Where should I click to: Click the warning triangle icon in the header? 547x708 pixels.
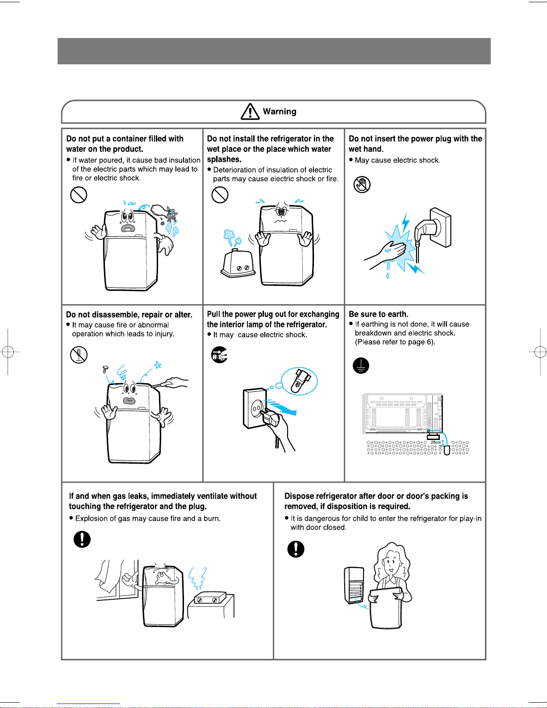[x=250, y=112]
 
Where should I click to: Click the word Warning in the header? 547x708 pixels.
[x=280, y=111]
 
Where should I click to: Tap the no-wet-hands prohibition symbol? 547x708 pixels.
[x=362, y=184]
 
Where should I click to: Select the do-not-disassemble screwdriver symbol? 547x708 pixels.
[x=79, y=355]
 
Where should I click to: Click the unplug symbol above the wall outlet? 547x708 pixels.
[x=219, y=355]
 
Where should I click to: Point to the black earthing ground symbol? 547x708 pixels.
[x=361, y=365]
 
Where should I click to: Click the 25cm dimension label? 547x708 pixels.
[x=436, y=442]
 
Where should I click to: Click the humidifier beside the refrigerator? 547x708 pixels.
[x=238, y=263]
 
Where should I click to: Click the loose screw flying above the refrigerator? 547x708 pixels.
[x=105, y=369]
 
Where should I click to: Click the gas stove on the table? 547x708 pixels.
[x=210, y=598]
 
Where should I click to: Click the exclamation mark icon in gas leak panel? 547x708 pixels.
[x=82, y=539]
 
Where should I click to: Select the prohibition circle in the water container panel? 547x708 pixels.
[x=79, y=195]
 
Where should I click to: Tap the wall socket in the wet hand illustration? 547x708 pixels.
[x=441, y=227]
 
